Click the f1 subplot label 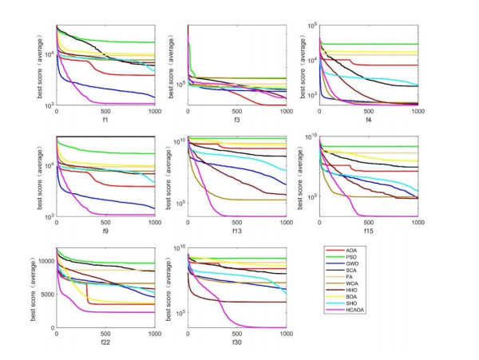pyautogui.click(x=105, y=121)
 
